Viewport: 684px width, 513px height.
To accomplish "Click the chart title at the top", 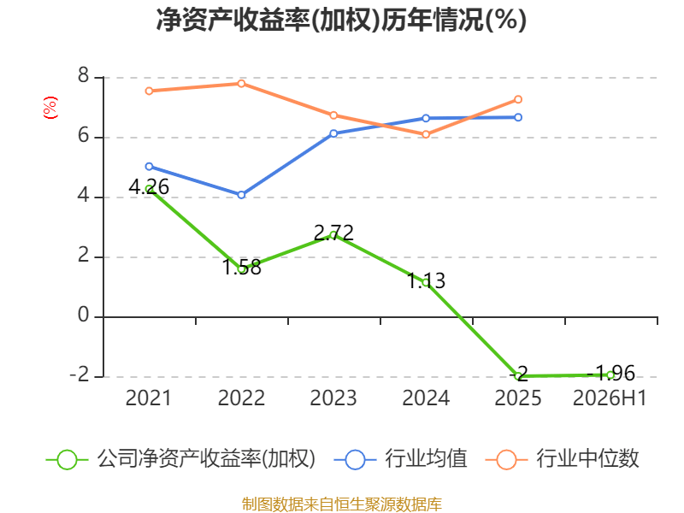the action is coord(341,20).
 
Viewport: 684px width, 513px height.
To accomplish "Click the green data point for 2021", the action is coord(149,189).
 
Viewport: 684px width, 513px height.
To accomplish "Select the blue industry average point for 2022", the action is coord(242,195).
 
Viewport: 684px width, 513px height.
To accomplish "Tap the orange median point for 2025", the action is coord(518,99).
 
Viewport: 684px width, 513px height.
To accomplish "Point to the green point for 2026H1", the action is coord(610,374).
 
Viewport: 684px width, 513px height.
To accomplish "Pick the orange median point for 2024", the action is coord(426,134).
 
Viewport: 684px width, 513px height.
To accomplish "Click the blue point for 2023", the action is coord(333,133).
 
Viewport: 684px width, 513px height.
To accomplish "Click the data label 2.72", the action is coord(333,233).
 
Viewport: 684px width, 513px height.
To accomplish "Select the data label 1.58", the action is coord(242,267).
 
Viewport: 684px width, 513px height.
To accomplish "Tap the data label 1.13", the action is coord(426,280).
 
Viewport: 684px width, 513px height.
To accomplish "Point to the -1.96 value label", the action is coord(610,373).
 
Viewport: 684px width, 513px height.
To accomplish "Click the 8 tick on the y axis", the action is coord(83,76).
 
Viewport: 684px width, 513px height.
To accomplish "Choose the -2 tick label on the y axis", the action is coord(80,375).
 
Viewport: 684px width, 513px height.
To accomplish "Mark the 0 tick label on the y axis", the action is coord(83,315).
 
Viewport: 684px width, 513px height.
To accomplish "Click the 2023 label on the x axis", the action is coord(333,398).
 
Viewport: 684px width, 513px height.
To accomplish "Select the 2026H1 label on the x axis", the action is coord(610,398).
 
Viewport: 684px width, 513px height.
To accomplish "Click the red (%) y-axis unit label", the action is coord(50,108).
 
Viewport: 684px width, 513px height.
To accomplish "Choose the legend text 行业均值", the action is coord(426,459).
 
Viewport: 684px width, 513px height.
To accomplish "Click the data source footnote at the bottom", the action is coord(342,504).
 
